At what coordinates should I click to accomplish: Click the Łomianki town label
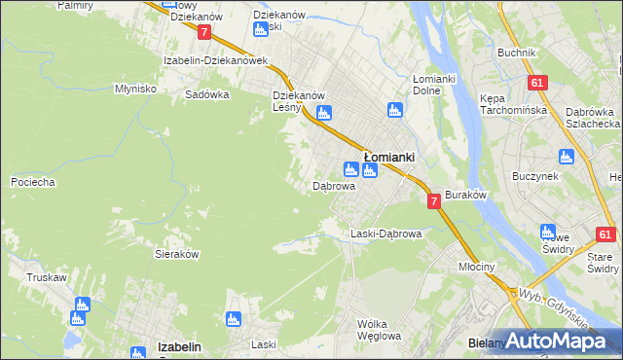pyautogui.click(x=389, y=156)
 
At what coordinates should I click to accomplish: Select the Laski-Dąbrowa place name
pyautogui.click(x=385, y=234)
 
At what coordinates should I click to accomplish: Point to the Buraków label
pyautogui.click(x=465, y=195)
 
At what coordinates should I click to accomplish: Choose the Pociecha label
pyautogui.click(x=32, y=182)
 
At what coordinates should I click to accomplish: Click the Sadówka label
pyautogui.click(x=207, y=95)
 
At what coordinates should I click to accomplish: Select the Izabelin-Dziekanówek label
pyautogui.click(x=215, y=60)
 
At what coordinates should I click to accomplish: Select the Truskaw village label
pyautogui.click(x=47, y=277)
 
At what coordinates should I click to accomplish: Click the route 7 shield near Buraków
pyautogui.click(x=433, y=200)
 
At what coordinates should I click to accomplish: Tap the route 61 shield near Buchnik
pyautogui.click(x=536, y=84)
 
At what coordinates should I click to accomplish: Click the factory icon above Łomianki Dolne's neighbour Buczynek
pyautogui.click(x=567, y=156)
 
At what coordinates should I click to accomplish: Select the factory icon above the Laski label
pyautogui.click(x=233, y=319)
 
